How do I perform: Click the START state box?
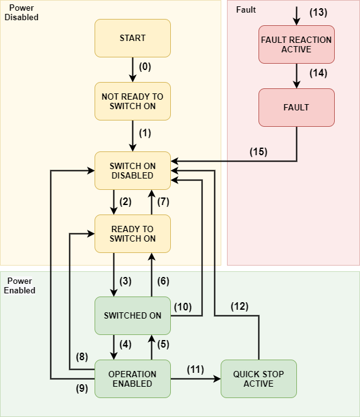(132, 38)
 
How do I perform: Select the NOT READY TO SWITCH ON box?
(132, 101)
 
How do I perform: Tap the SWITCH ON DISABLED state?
(132, 170)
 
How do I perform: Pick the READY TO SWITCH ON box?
(132, 233)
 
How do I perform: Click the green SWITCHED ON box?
(132, 315)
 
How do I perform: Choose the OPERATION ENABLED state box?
(132, 379)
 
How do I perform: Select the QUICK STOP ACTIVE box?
(258, 379)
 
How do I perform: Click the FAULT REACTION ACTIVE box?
(296, 44)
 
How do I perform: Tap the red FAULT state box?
(296, 107)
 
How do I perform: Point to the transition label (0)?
(145, 66)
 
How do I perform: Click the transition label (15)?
(258, 151)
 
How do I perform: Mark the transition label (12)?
(239, 307)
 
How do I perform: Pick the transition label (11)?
(196, 369)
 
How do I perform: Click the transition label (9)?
(82, 389)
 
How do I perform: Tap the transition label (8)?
(82, 356)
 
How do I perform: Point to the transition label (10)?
(183, 307)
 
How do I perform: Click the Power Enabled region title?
(20, 285)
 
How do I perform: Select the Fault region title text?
(246, 10)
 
